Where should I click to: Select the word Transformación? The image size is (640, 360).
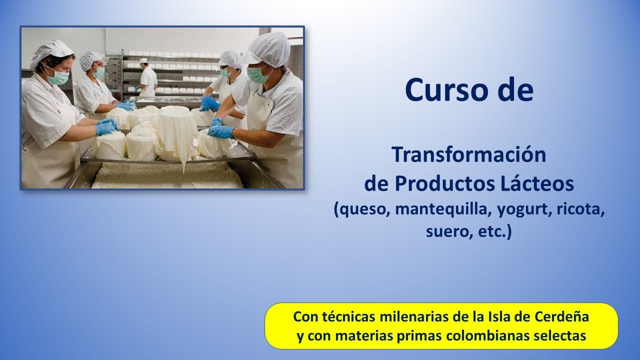(x=469, y=154)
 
